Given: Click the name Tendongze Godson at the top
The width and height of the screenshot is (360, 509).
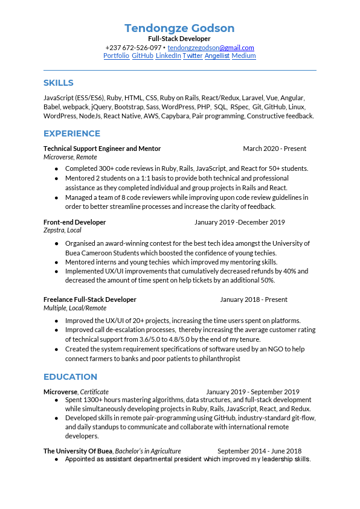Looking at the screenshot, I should tap(179, 28).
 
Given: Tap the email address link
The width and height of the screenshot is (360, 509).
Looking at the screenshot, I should tap(211, 48).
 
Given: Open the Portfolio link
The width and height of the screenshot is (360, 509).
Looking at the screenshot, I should tap(117, 56).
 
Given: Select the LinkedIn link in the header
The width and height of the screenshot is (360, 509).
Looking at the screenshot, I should tap(168, 56).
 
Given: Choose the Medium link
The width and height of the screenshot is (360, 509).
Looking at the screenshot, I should tap(243, 56).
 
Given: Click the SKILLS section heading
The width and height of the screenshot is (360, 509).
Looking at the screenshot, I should tap(58, 83).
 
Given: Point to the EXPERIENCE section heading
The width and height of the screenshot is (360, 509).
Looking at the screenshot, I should tap(72, 133).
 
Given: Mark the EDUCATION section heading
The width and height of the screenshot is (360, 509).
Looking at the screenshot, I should tap(70, 377).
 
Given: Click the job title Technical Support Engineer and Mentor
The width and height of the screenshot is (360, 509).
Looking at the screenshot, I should tap(102, 149).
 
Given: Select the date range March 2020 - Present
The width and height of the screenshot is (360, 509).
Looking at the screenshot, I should tap(274, 149).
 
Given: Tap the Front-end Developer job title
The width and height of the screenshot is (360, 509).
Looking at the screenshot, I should tap(74, 222).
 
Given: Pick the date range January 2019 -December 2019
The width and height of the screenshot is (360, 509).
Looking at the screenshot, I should tap(239, 222).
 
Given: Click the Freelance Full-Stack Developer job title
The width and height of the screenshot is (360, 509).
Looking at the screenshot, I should tap(90, 299).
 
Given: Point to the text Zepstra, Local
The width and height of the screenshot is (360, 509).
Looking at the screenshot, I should tap(62, 230).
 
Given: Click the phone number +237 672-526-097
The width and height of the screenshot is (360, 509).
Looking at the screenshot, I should tap(133, 48).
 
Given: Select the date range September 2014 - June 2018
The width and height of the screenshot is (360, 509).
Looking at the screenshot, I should tap(259, 451).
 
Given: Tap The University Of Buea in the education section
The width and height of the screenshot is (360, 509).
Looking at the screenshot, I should tap(78, 451).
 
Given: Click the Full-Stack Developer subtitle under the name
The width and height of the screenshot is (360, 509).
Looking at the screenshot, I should tap(179, 39).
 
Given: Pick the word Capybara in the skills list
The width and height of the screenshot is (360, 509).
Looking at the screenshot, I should tap(175, 116).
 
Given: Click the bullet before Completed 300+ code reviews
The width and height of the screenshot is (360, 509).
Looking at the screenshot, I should tap(56, 169).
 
